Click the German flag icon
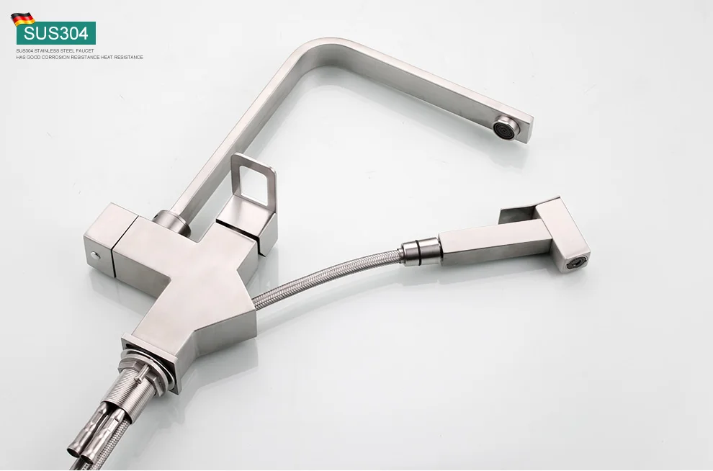(x=23, y=19)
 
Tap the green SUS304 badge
(x=56, y=33)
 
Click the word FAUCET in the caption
(x=84, y=51)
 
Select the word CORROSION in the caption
(x=56, y=58)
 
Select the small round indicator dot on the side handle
(x=96, y=256)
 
